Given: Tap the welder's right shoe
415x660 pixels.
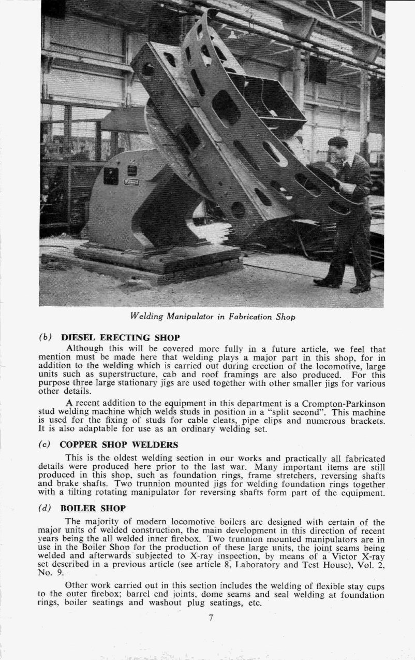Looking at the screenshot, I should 360,288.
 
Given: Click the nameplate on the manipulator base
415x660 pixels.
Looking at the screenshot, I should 131,182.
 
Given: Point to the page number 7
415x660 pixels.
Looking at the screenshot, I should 211,617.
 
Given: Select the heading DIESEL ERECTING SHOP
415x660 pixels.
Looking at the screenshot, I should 120,338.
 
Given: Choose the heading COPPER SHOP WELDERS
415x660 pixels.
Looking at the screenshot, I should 119,444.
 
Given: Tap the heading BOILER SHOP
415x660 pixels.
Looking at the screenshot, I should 93,509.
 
